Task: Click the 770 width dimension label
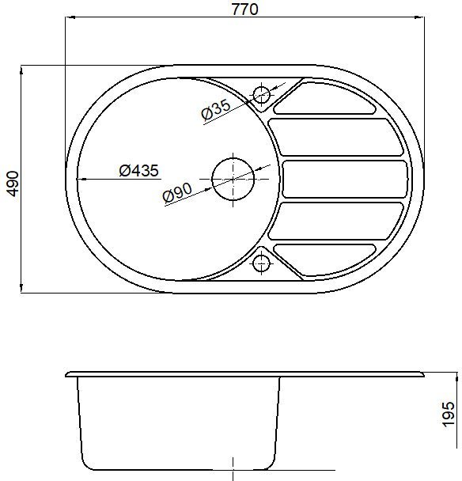tap(244, 9)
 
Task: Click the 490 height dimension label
tap(13, 184)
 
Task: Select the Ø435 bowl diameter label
tap(139, 171)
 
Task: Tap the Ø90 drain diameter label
tap(178, 193)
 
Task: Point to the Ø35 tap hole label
tap(216, 109)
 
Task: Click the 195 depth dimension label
tap(449, 414)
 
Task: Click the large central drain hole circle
tap(233, 179)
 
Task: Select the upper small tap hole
tap(261, 94)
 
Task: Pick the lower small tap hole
tap(261, 263)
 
